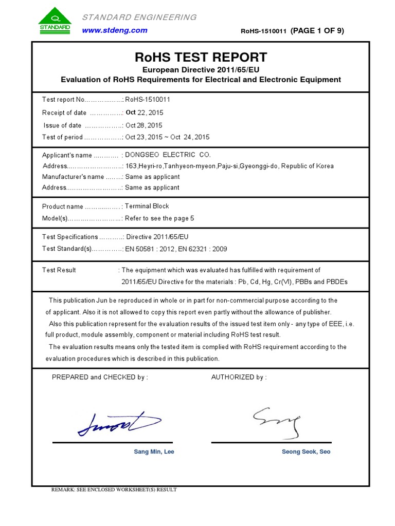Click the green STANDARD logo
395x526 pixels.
click(54, 21)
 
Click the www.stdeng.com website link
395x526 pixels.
click(115, 30)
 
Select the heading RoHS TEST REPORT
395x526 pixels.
click(201, 57)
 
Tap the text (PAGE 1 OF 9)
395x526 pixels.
click(317, 31)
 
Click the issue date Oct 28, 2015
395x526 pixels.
click(144, 125)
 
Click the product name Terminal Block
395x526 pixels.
click(147, 206)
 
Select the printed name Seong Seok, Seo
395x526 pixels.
click(306, 452)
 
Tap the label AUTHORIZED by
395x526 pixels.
click(239, 378)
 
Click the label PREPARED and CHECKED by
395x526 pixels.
click(100, 378)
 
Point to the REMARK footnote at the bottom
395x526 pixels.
click(114, 490)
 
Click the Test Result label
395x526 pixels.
click(59, 270)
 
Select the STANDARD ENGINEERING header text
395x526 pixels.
click(139, 17)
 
